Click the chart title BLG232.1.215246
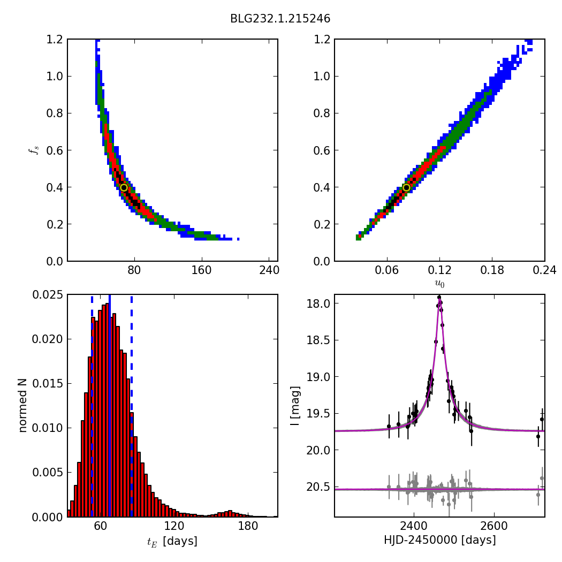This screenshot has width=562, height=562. (280, 19)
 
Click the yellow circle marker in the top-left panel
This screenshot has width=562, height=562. (124, 187)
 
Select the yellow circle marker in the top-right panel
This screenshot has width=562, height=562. (406, 187)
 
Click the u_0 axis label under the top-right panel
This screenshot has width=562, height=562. (439, 284)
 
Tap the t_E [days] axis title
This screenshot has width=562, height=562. (172, 541)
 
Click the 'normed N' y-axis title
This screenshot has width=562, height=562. (23, 406)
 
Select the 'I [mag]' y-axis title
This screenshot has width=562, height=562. (295, 406)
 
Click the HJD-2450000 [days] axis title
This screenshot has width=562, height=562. (439, 540)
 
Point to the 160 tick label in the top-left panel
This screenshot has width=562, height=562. (201, 270)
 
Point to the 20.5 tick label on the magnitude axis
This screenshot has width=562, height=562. (319, 487)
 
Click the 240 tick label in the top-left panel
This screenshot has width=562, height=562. (269, 270)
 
